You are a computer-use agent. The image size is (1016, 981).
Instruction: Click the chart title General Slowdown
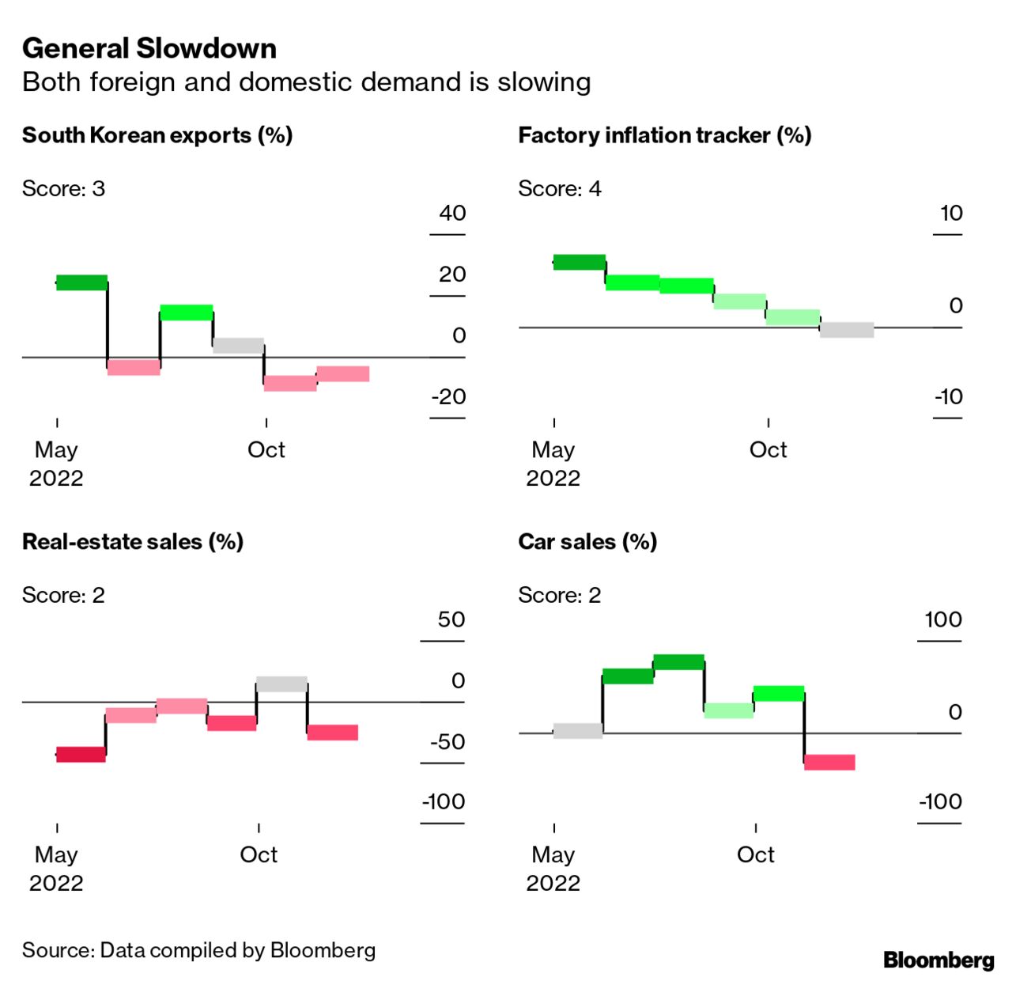coord(149,49)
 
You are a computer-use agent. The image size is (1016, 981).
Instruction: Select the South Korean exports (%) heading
coord(157,135)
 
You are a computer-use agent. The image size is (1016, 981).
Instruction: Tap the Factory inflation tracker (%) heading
coord(664,135)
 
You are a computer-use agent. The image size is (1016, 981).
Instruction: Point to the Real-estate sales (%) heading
coord(133,542)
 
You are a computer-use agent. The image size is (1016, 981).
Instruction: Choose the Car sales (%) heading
coord(587,542)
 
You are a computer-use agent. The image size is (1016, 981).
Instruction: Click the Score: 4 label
coord(559,189)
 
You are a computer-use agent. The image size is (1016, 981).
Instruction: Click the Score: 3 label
coord(63,189)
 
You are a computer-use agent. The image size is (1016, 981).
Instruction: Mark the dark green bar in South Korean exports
coord(81,282)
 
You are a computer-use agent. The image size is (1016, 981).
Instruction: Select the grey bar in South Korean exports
coord(238,346)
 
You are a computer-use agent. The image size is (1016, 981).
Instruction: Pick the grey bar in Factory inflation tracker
coord(847,330)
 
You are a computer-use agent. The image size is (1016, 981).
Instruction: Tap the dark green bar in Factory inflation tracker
coord(580,263)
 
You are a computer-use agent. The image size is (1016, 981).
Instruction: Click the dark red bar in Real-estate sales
coord(81,755)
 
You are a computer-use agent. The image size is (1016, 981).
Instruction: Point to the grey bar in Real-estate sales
coord(281,684)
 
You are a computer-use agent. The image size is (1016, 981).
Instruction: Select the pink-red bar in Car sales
coord(829,762)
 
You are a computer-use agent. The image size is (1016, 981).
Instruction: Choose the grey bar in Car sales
coord(577,731)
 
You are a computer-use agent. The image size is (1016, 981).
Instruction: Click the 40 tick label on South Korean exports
coord(452,214)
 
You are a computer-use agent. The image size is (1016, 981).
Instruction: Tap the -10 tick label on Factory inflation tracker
coord(948,397)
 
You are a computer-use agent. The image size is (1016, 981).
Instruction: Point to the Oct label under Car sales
coord(755,855)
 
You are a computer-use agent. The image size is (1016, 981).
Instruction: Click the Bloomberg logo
coord(939,960)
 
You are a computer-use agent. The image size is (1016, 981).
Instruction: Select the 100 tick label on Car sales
coord(943,619)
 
